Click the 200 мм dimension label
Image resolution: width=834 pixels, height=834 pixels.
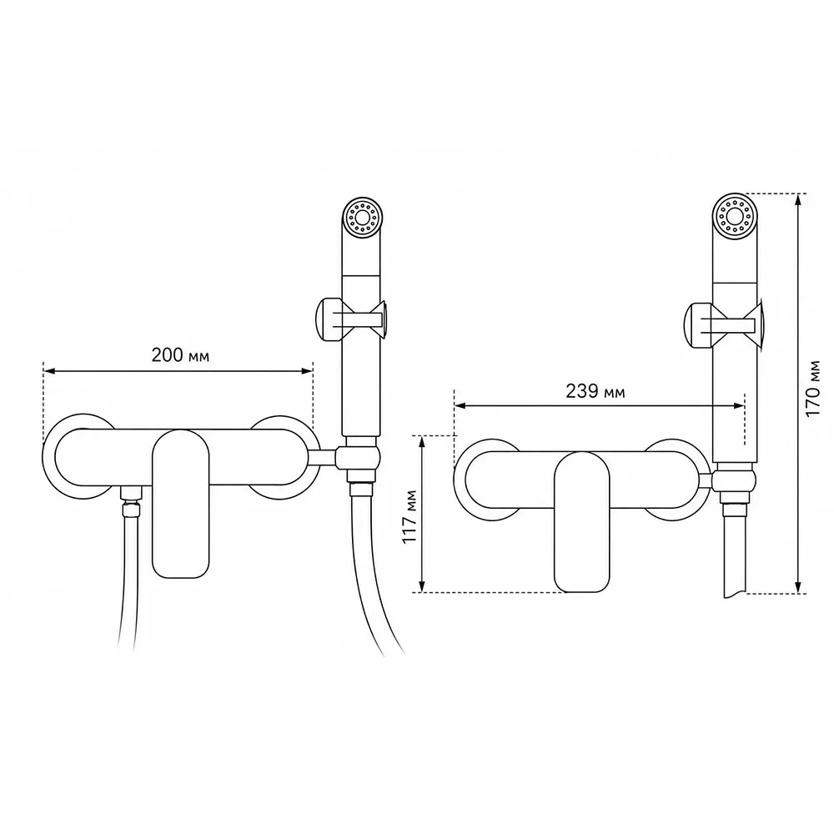pos(180,354)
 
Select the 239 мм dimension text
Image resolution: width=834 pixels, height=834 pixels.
pos(595,391)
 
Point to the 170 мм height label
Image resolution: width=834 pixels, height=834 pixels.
pos(812,389)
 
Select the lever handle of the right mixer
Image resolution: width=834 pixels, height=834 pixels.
pos(582,521)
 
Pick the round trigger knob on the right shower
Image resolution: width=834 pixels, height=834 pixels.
pos(695,325)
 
